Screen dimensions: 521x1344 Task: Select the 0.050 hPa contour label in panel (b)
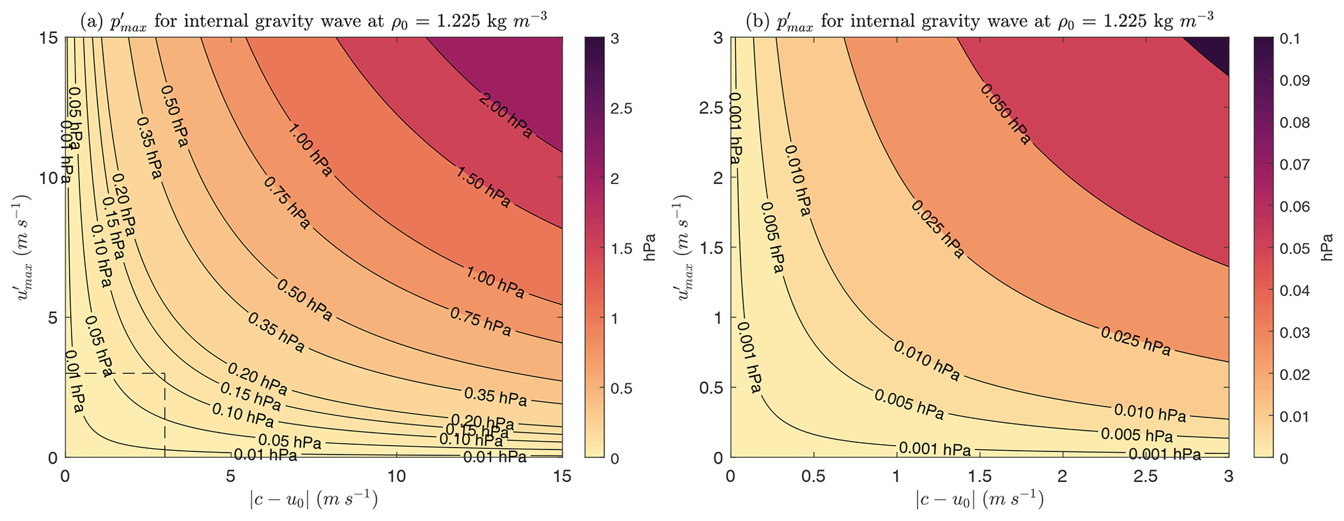coord(1005,113)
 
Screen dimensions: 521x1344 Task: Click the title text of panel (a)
coord(313,21)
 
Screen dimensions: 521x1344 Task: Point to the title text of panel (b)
coord(979,21)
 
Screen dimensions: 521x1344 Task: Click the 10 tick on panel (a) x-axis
coord(397,477)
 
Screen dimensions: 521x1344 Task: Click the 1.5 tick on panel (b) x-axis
coord(979,477)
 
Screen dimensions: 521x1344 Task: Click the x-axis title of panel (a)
coord(313,500)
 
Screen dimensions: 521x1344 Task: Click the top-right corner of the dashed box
coord(165,373)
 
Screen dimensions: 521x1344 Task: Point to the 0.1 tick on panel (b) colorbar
coord(1284,38)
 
